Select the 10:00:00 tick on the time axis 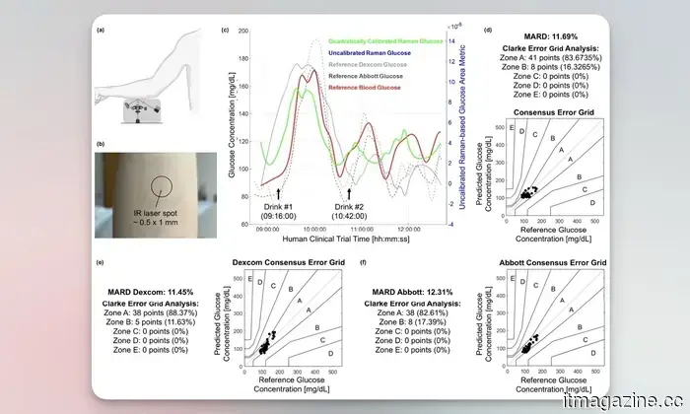click(x=316, y=230)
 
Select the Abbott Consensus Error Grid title click(x=549, y=263)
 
